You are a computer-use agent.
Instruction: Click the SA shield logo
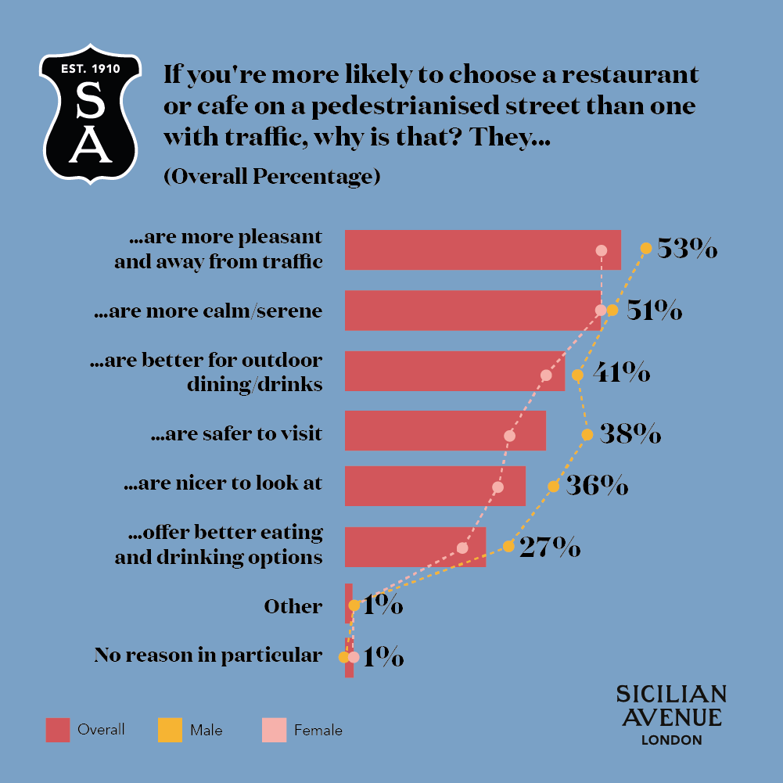point(91,114)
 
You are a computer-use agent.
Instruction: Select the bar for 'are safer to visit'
point(445,430)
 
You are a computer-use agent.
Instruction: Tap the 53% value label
point(687,249)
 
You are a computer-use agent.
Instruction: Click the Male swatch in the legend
point(169,730)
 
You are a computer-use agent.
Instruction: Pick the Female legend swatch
point(274,730)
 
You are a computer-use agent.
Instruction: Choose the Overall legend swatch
point(58,730)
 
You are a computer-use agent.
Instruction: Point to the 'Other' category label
point(293,606)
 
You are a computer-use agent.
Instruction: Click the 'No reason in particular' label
point(207,655)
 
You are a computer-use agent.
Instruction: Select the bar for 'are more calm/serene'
point(472,311)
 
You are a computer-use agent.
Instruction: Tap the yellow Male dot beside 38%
point(586,434)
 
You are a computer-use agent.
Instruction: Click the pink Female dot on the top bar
point(601,250)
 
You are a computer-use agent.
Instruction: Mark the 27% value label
point(550,547)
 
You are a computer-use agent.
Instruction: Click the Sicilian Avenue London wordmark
point(670,715)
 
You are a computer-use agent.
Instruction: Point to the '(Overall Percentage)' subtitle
point(271,177)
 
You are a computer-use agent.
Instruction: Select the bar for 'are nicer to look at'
point(435,486)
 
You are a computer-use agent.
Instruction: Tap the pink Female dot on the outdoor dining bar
point(546,375)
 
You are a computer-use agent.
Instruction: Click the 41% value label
point(621,372)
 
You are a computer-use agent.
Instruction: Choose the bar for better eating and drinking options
point(415,547)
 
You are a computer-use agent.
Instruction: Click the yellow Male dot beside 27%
point(508,547)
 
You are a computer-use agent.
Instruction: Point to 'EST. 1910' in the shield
point(91,69)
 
